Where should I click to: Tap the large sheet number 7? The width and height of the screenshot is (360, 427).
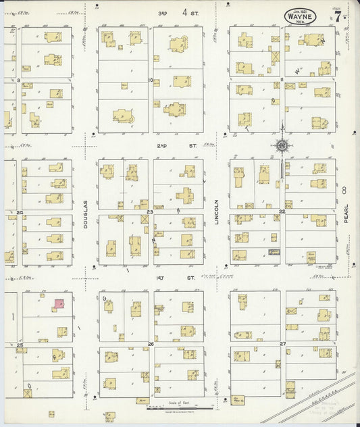[x=337, y=16]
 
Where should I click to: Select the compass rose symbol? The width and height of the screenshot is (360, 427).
[x=281, y=144]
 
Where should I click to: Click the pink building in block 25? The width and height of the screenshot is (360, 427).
[x=59, y=305]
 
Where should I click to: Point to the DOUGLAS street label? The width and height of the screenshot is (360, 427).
[x=86, y=216]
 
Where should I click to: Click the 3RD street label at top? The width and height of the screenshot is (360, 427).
[x=162, y=12]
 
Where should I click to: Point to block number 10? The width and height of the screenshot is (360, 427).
[x=151, y=80]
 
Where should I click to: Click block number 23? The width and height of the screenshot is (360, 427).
[x=150, y=211]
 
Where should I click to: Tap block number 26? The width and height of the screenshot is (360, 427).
[x=151, y=344]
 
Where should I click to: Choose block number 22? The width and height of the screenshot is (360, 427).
[x=282, y=211]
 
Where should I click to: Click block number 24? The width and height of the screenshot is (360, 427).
[x=20, y=212]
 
